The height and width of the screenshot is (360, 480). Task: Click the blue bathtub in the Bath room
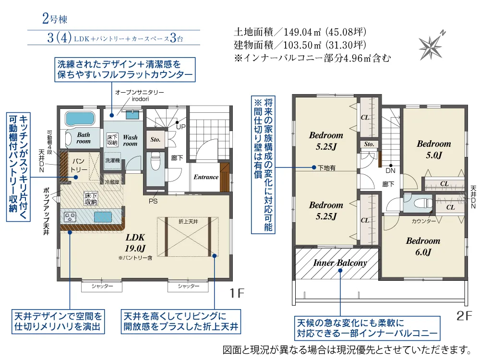pyautogui.click(x=79, y=119)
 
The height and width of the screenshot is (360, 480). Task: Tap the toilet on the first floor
pyautogui.click(x=156, y=162)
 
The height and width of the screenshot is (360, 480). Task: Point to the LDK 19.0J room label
pyautogui.click(x=135, y=243)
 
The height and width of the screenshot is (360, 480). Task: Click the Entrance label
pyautogui.click(x=206, y=177)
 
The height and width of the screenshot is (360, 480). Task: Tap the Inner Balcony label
pyautogui.click(x=340, y=263)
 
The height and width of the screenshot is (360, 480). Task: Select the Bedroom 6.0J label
pyautogui.click(x=423, y=246)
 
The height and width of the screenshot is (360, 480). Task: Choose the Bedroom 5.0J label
pyautogui.click(x=434, y=149)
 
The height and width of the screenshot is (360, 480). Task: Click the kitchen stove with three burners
pyautogui.click(x=70, y=217)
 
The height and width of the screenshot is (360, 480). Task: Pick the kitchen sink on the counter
pyautogui.click(x=103, y=217)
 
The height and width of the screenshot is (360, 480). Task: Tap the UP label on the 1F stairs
pyautogui.click(x=181, y=127)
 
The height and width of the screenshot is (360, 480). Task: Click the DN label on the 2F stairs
pyautogui.click(x=390, y=170)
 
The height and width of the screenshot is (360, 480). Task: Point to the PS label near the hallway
pyautogui.click(x=153, y=201)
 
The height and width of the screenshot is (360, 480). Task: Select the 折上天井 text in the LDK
pyautogui.click(x=188, y=221)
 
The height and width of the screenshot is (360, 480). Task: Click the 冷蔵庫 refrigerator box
pyautogui.click(x=112, y=182)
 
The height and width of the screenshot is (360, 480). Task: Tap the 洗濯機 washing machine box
pyautogui.click(x=112, y=161)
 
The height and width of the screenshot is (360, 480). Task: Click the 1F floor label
pyautogui.click(x=237, y=293)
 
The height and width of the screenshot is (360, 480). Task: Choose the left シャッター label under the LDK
pyautogui.click(x=102, y=286)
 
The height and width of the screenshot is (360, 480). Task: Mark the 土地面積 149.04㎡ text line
pyautogui.click(x=300, y=32)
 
